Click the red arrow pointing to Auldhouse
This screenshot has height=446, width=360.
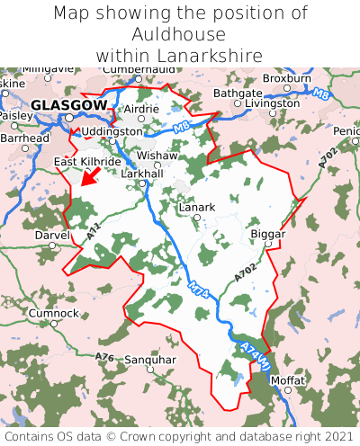[x=89, y=176]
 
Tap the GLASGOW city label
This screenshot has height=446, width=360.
[x=67, y=105]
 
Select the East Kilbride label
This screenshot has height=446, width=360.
[x=86, y=161]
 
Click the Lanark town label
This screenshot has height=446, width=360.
[x=197, y=207]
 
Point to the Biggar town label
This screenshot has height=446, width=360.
[x=267, y=234]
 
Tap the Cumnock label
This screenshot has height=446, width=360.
[x=53, y=313]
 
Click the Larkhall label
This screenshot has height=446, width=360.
[x=141, y=173]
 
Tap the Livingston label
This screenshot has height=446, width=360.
[x=272, y=103]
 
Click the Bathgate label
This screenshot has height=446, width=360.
[x=238, y=93]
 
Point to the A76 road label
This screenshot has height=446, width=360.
[x=104, y=358]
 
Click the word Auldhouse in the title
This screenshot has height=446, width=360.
[x=180, y=34]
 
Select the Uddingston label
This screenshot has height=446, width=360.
[x=112, y=131]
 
